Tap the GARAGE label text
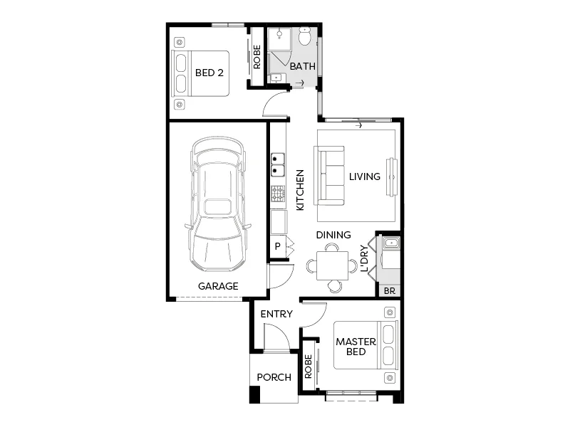point(218,286)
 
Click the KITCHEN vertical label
point(300,189)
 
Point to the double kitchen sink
point(277,165)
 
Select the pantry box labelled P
point(277,246)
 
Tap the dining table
point(332,266)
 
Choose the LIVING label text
point(365,176)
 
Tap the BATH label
point(302,67)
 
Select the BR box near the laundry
point(389,290)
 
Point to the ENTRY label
point(276,314)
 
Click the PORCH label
point(274,377)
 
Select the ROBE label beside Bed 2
point(256,57)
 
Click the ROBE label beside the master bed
point(309,367)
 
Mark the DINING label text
point(333,235)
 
